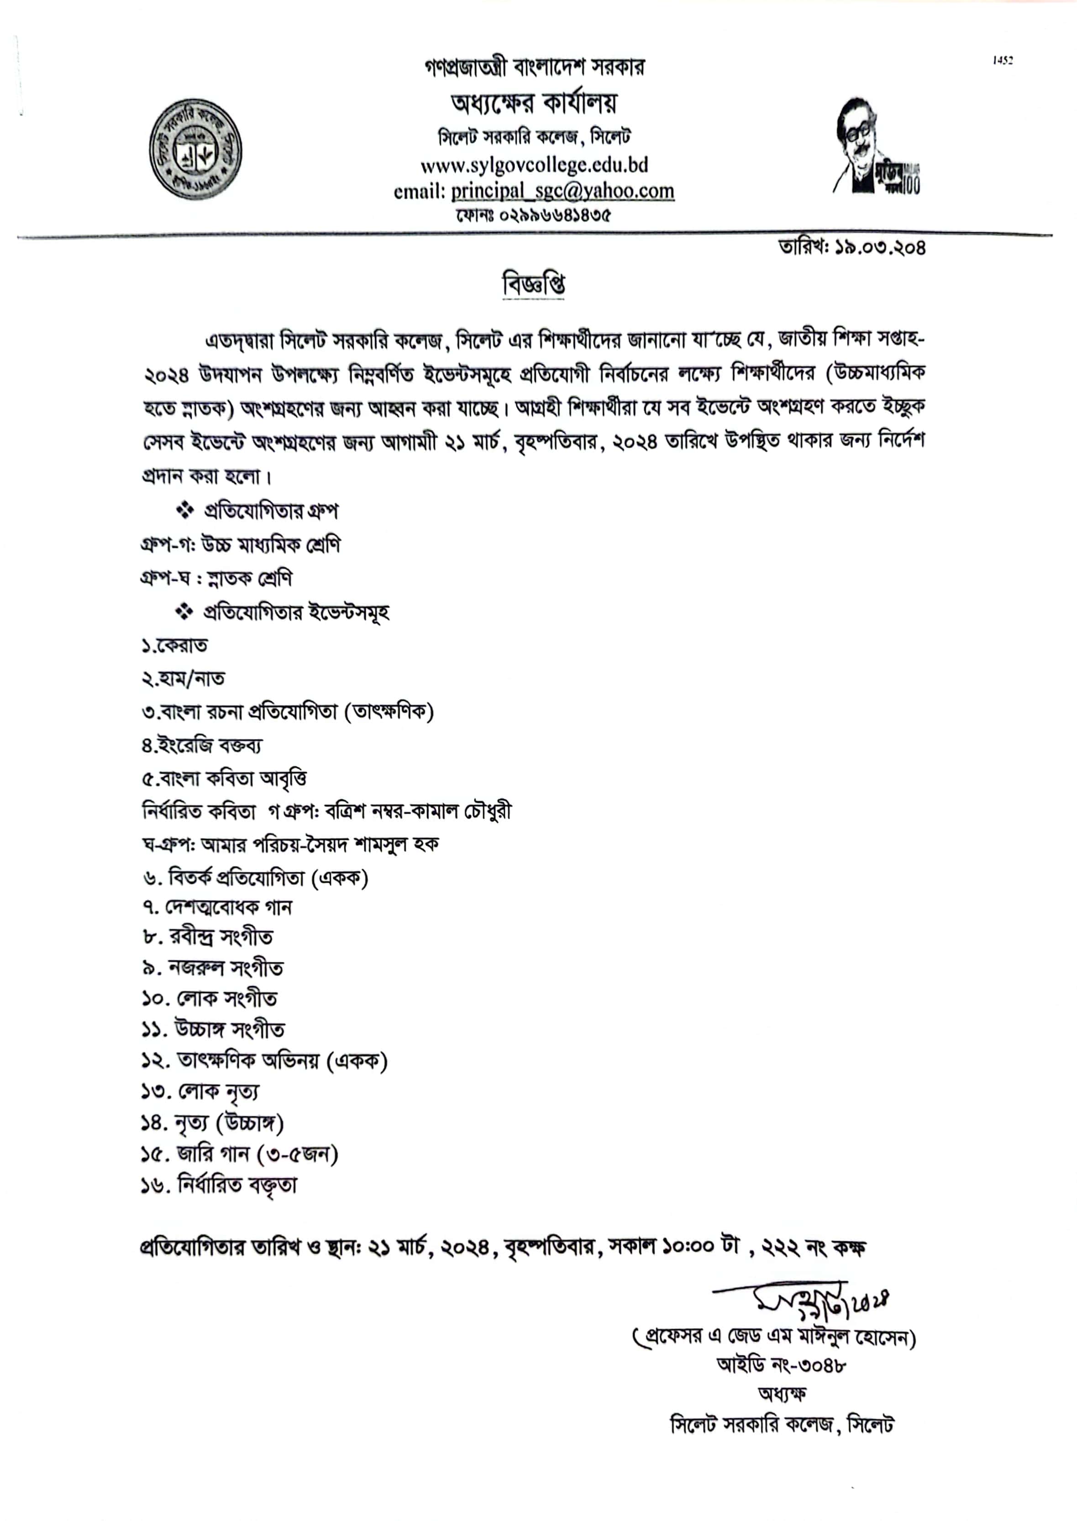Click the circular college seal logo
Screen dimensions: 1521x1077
coord(195,150)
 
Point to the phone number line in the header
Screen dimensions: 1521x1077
coord(533,215)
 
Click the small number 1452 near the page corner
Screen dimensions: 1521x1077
coord(1002,60)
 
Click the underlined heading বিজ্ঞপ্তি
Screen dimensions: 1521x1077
coord(533,285)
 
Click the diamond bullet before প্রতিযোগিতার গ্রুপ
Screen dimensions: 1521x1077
coord(184,510)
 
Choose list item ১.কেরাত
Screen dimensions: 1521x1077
coord(174,645)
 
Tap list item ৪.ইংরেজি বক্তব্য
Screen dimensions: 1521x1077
coord(202,745)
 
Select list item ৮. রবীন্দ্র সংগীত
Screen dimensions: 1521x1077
coord(207,936)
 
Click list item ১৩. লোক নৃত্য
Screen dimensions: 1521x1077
coord(200,1091)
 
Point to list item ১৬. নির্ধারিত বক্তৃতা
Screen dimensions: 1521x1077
coord(219,1185)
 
